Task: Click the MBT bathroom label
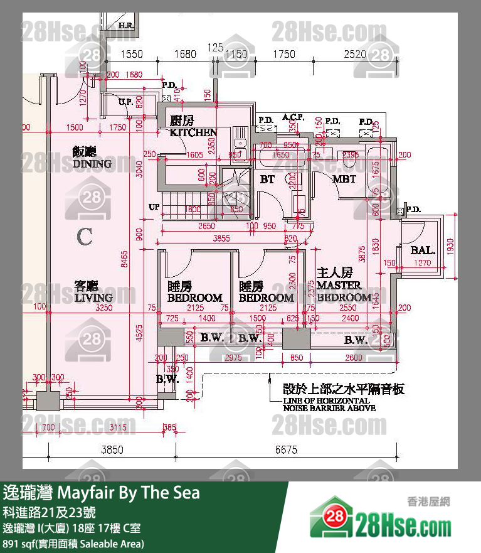pos(344,180)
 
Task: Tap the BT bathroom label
pos(268,180)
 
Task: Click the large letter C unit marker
pos(85,237)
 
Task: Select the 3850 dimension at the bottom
pos(113,449)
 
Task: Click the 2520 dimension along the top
pos(355,55)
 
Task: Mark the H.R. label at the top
pos(125,26)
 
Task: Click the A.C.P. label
pos(293,117)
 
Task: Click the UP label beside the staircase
pos(154,207)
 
